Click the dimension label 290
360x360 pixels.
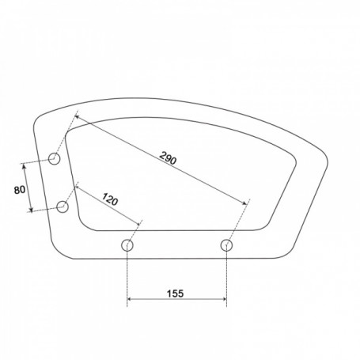[x=168, y=158]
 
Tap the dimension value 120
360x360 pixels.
[x=110, y=199]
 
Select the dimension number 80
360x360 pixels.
[x=20, y=190]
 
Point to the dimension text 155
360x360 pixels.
[x=176, y=293]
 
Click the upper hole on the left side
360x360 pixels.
[x=55, y=159]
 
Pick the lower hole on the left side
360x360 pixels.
[x=63, y=207]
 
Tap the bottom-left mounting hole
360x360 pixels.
[x=127, y=245]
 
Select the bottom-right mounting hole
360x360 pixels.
[x=226, y=245]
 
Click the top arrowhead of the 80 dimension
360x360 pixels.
[x=25, y=166]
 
